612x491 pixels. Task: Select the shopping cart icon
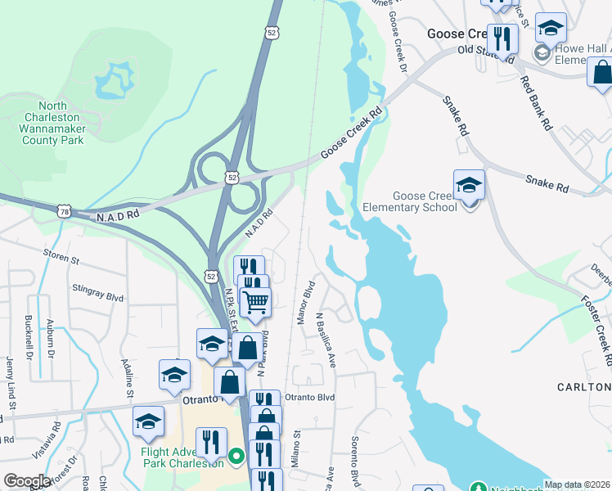click(x=255, y=302)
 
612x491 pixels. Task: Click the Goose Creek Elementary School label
click(x=425, y=201)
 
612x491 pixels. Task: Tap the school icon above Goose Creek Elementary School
click(x=469, y=185)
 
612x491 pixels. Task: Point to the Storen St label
click(x=62, y=260)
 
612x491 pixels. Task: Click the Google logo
click(x=27, y=481)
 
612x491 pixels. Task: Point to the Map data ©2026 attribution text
click(x=577, y=484)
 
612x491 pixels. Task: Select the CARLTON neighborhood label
click(x=583, y=386)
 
